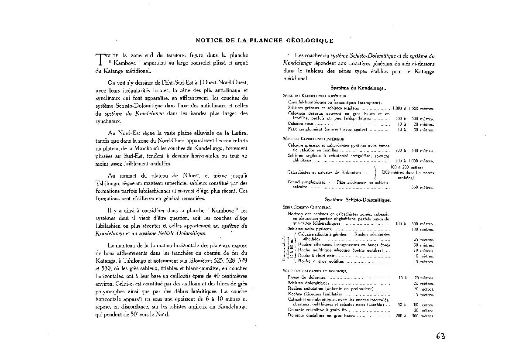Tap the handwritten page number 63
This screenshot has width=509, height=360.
440,336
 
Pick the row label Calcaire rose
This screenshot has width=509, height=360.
298,124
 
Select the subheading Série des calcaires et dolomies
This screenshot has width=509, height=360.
314,271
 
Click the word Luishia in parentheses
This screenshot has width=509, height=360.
376,305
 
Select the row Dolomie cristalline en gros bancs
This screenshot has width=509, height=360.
321,315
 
